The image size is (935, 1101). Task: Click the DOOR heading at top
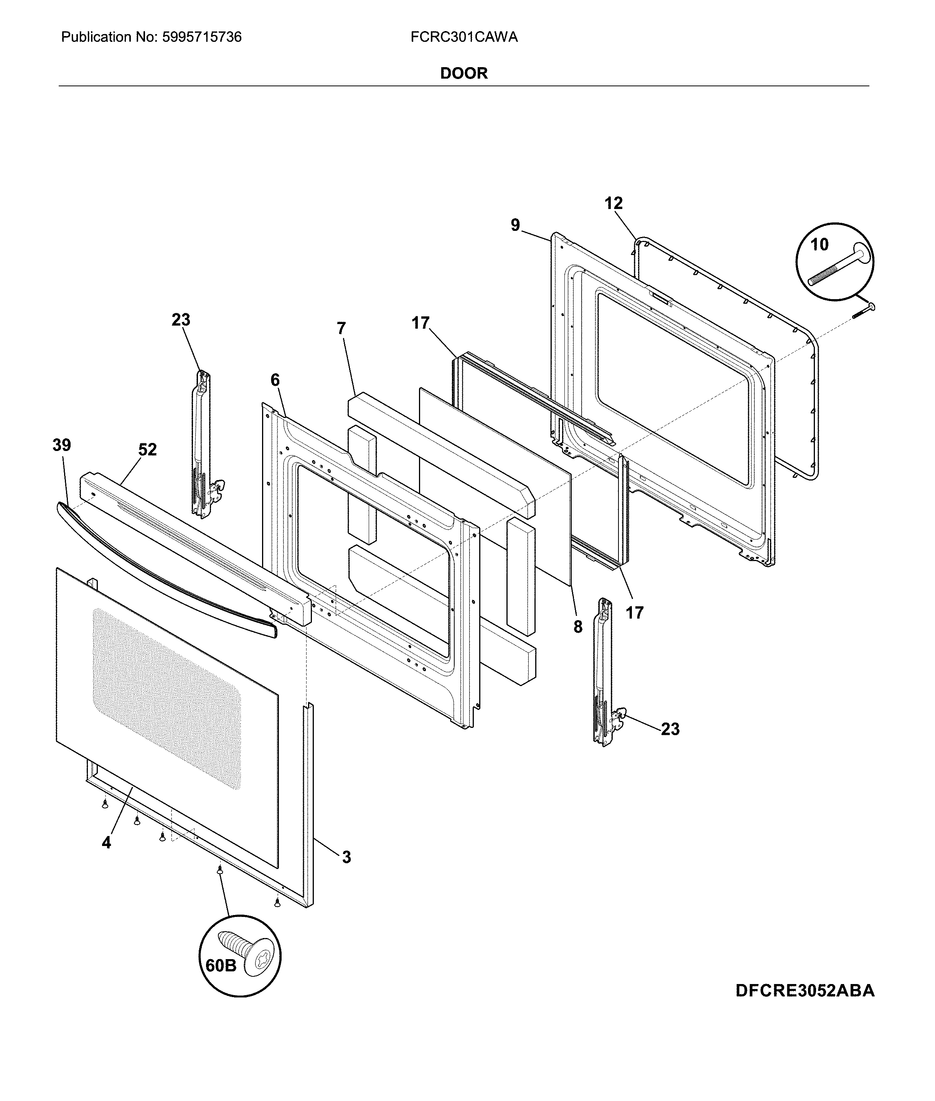point(464,73)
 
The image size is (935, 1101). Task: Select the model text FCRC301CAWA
point(464,37)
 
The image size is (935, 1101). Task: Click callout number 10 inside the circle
point(820,244)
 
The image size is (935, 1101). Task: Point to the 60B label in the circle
point(221,965)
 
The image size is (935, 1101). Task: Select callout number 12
point(614,204)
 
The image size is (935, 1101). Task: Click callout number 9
point(515,225)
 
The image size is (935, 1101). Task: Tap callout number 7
point(341,329)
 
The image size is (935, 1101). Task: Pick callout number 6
point(275,380)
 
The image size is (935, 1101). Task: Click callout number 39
point(61,445)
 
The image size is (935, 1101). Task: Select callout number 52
point(147,449)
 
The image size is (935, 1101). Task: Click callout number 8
point(578,627)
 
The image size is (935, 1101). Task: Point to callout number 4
point(107,843)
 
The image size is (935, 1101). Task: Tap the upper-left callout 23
point(181,320)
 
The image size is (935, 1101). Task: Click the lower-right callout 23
point(670,729)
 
